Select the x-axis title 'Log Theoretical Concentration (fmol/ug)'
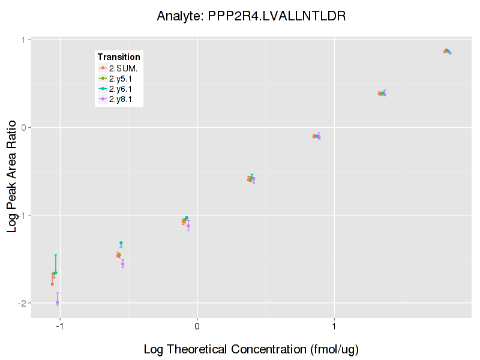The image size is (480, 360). click(251, 349)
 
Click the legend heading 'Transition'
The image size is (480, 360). click(119, 57)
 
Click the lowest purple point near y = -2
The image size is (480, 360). click(58, 302)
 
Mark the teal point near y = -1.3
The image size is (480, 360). click(121, 243)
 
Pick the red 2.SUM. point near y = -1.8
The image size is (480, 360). click(52, 284)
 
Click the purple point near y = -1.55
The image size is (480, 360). click(123, 263)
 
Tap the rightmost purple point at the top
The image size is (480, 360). click(450, 53)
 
